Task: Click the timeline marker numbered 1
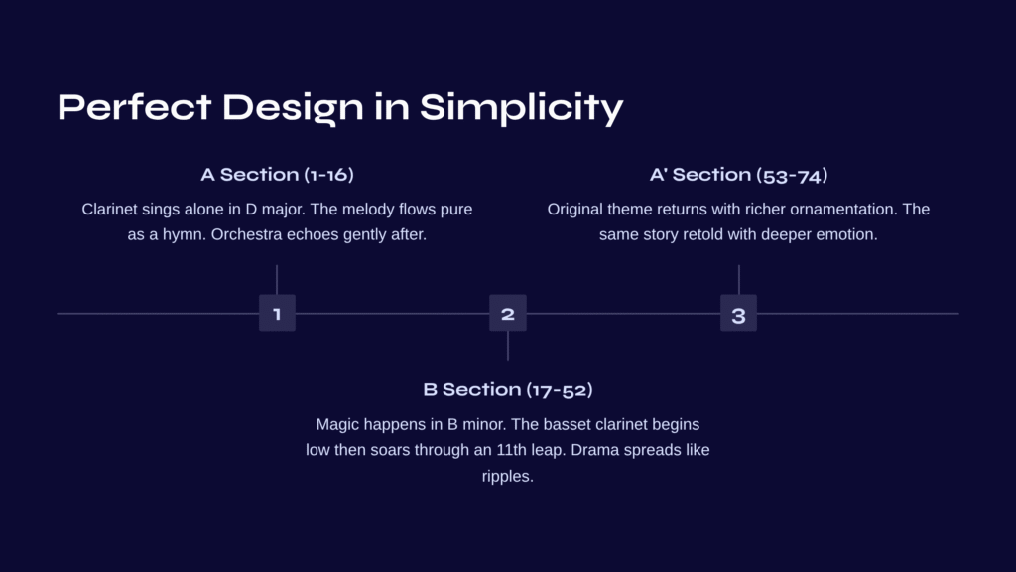coord(278,313)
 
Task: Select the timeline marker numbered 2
coord(508,313)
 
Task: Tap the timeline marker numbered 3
coord(738,313)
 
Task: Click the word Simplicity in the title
coord(522,107)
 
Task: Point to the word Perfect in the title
coord(135,106)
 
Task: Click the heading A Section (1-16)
coord(278,175)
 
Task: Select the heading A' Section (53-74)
coord(738,175)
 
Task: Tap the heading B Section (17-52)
coord(508,389)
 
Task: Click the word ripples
coord(508,477)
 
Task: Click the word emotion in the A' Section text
coord(850,234)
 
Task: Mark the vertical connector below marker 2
coord(508,347)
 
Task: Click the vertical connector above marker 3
coord(738,279)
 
